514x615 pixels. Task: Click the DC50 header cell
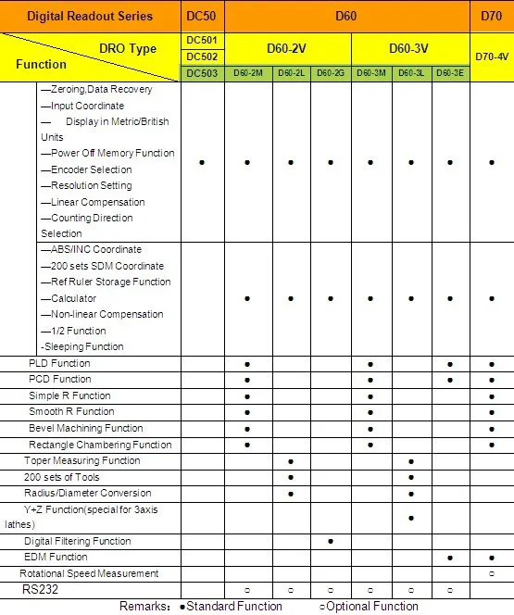pos(202,16)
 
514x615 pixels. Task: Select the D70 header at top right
pos(492,16)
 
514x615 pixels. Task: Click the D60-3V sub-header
pos(411,48)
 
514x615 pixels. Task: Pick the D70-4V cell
pos(492,56)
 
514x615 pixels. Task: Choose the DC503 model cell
pos(202,73)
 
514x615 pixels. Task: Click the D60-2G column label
pos(331,73)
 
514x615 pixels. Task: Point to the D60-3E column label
pos(450,73)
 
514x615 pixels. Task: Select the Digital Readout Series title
pos(90,16)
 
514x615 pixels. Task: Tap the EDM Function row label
pos(56,557)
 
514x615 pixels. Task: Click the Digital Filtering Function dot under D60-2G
pos(331,541)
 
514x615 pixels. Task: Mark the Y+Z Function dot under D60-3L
pos(410,517)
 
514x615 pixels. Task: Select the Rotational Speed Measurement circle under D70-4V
pos(491,573)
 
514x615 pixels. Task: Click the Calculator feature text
pos(69,298)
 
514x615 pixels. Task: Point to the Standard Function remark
pos(231,607)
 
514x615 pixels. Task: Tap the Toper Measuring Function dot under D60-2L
pos(291,460)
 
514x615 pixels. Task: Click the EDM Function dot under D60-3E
pos(450,558)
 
